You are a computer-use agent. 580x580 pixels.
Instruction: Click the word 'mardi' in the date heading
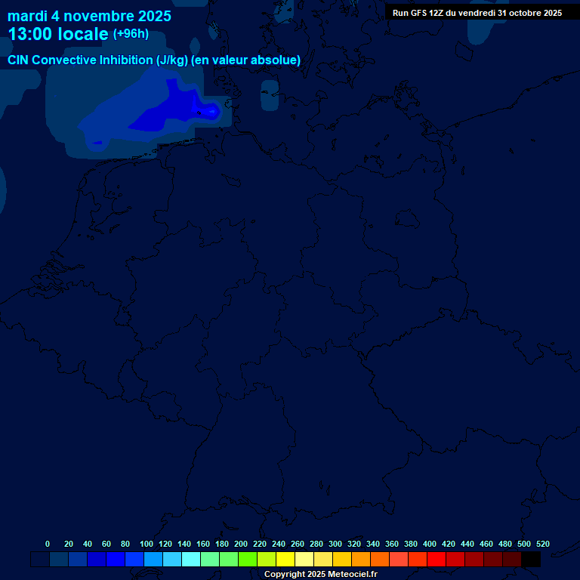coord(28,16)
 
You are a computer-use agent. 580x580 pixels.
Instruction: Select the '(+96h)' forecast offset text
coord(131,34)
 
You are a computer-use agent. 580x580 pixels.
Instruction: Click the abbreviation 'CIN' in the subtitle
coord(19,60)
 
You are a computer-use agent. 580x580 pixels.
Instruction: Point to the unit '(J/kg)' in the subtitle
coord(172,60)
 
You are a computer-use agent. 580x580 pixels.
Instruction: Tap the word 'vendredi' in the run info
coord(477,13)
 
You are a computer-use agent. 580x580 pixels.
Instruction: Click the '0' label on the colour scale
coord(48,544)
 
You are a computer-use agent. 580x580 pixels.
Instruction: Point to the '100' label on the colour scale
coord(147,544)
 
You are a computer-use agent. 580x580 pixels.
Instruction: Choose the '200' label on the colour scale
coord(241,544)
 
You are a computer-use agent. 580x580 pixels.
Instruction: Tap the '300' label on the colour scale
coord(335,544)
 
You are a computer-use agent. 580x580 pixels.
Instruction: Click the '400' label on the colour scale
coord(430,544)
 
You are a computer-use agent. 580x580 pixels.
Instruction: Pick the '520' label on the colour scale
coord(542,544)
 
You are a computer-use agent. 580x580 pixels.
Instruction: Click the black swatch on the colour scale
coord(531,560)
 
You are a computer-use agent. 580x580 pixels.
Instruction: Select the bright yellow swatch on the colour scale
coord(285,560)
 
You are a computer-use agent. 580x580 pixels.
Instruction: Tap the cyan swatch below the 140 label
coord(191,560)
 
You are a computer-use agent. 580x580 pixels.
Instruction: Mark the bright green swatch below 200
coord(248,560)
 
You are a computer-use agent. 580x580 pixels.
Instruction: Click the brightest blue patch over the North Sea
coord(211,112)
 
